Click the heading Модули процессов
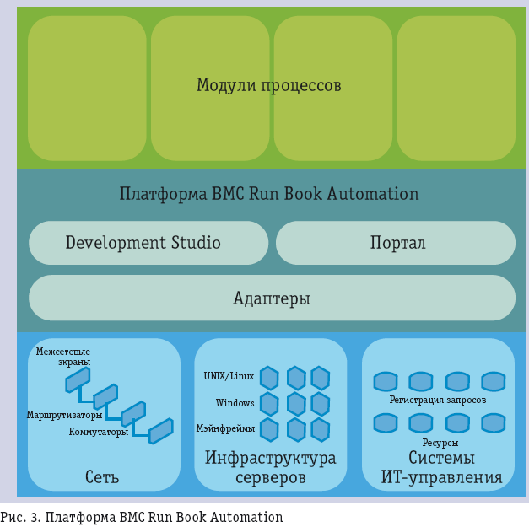pyautogui.click(x=268, y=85)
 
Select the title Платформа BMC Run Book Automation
pyautogui.click(x=268, y=194)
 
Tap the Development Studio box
pyautogui.click(x=143, y=243)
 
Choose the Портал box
pyautogui.click(x=397, y=243)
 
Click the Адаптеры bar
pyautogui.click(x=272, y=298)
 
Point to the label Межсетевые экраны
pyautogui.click(x=63, y=356)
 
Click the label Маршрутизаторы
pyautogui.click(x=64, y=415)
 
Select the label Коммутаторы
pyautogui.click(x=99, y=433)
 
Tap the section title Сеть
pyautogui.click(x=102, y=477)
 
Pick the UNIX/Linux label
pyautogui.click(x=229, y=375)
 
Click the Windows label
pyautogui.click(x=235, y=402)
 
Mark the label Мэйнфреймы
pyautogui.click(x=225, y=428)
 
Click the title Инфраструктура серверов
pyautogui.click(x=270, y=468)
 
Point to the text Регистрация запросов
pyautogui.click(x=437, y=400)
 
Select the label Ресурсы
pyautogui.click(x=440, y=443)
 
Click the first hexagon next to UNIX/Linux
pyautogui.click(x=269, y=377)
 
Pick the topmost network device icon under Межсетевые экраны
pyautogui.click(x=78, y=380)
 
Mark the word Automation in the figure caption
pyautogui.click(x=250, y=517)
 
